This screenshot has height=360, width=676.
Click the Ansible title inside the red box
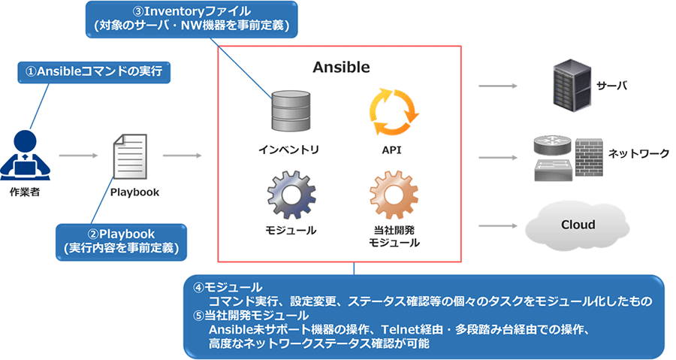click(341, 67)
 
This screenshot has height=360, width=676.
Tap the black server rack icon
click(570, 85)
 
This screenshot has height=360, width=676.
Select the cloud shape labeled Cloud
click(577, 225)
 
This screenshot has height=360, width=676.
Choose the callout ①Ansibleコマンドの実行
click(94, 71)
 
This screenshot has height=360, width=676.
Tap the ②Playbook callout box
click(121, 240)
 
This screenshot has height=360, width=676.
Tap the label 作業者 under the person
click(26, 192)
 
